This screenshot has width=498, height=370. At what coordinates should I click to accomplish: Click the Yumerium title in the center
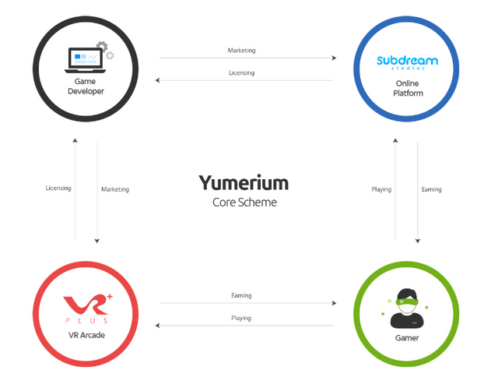244,182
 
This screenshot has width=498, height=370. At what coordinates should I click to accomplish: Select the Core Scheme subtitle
244,202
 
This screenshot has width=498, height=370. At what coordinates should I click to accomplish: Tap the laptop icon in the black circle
86,58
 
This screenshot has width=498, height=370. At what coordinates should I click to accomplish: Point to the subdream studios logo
407,61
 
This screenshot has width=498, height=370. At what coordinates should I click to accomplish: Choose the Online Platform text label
407,86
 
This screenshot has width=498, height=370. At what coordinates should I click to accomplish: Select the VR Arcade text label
86,334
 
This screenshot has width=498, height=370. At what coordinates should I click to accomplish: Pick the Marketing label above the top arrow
241,51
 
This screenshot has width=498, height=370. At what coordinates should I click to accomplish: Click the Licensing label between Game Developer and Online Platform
241,72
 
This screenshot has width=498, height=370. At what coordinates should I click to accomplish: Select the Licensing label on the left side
58,189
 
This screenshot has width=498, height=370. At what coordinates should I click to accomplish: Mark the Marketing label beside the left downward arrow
115,189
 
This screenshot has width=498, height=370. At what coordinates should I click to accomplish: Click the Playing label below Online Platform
381,189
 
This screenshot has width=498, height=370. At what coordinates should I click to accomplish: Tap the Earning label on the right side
431,189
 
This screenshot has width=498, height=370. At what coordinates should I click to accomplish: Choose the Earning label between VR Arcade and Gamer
241,296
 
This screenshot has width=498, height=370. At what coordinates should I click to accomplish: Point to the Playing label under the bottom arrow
241,318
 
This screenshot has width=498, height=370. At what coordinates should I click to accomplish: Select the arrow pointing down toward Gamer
419,191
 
